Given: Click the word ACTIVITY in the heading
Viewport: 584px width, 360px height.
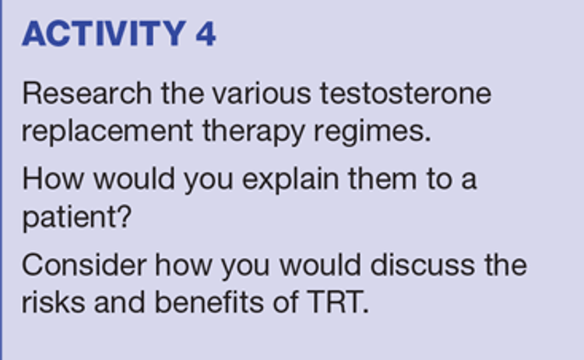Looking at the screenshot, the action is pos(104,34).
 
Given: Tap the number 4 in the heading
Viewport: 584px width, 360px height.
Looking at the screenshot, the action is pos(206,34).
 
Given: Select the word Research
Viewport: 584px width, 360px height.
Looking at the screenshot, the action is pos(86,94).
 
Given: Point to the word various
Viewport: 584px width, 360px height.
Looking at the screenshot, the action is pos(262,94).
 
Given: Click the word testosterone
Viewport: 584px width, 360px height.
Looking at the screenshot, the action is pos(406,94).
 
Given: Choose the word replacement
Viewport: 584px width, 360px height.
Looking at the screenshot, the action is pos(107,132).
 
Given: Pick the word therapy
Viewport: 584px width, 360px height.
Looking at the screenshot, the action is pos(253,132).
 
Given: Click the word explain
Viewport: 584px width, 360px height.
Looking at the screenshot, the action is pos(290,180).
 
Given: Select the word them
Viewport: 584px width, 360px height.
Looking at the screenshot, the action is pos(382,179).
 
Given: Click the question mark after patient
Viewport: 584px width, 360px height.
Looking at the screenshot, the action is pos(125,216).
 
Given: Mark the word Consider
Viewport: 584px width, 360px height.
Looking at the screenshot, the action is pos(84,265).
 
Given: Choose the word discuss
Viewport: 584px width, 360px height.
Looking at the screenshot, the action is pos(423,265).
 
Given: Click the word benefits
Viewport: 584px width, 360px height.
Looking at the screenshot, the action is pos(209,302).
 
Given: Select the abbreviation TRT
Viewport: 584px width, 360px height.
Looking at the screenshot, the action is pos(335,302).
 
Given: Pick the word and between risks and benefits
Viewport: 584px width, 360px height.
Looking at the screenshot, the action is pos(120,302).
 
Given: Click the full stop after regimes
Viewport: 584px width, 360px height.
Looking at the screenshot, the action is pos(427,139).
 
